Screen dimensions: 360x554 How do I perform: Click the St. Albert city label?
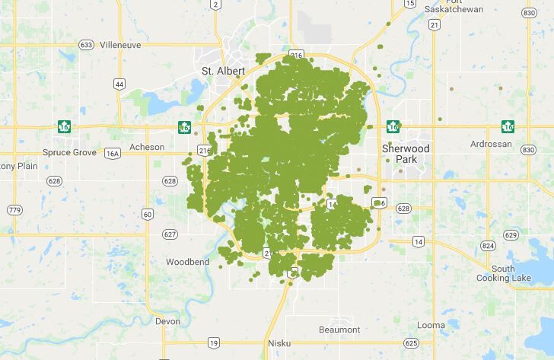223,71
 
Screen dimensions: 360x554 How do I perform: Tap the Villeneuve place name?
121,45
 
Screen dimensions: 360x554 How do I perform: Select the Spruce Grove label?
69,152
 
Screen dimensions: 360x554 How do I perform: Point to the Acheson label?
147,147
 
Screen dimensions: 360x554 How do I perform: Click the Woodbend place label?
187,262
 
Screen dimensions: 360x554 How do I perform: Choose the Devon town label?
167,321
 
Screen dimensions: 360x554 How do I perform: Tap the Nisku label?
279,343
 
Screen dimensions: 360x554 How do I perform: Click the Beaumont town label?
339,330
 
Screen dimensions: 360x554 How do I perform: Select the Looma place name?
431,325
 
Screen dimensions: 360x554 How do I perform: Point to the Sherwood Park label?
406,154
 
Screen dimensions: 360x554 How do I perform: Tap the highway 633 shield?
86,45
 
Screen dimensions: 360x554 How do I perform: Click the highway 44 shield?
119,84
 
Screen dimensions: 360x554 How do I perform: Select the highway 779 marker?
14,209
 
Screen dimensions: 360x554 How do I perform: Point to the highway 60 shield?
147,214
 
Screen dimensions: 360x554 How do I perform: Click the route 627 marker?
170,234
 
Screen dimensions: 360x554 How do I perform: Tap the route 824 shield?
488,246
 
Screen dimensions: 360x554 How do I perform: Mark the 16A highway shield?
113,153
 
